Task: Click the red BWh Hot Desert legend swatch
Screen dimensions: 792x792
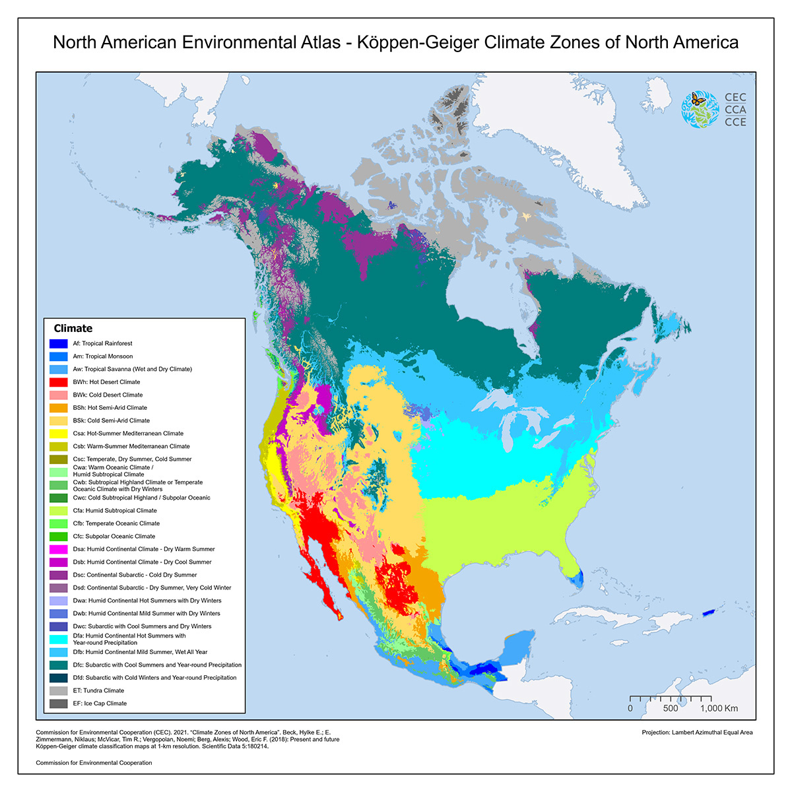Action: (59, 382)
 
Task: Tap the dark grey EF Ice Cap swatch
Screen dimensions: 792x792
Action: (59, 704)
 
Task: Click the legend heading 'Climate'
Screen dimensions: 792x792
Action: (73, 329)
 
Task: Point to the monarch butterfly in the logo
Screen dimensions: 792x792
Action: (698, 100)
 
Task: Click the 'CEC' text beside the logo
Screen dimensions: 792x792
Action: (735, 98)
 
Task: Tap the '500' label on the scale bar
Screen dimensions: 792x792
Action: (671, 708)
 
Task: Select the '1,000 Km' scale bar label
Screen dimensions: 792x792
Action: (719, 708)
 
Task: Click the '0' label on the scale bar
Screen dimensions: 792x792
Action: (630, 708)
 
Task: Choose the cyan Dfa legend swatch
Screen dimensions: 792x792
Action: (59, 639)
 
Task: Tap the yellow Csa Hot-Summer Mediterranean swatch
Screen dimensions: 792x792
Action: (59, 434)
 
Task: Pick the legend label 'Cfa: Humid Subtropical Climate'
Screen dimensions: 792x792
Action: (115, 511)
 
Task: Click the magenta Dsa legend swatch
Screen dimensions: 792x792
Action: (59, 549)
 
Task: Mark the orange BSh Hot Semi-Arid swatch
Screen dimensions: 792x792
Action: (59, 408)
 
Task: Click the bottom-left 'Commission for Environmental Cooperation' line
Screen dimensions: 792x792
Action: (94, 763)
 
